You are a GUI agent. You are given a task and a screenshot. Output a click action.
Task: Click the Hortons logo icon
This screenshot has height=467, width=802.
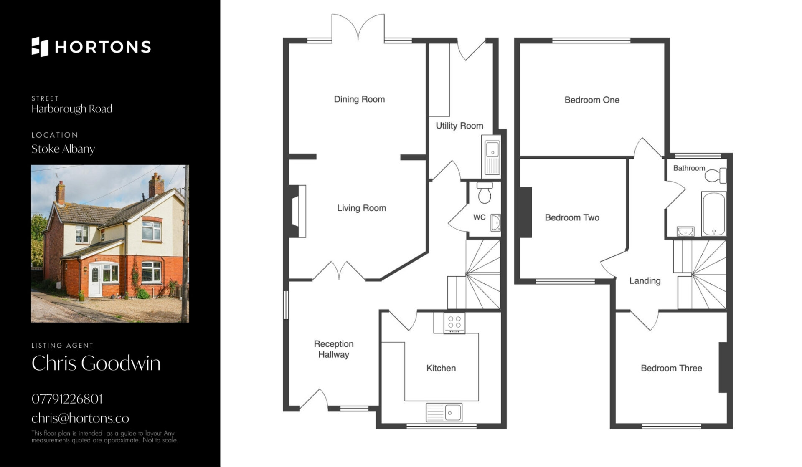pyautogui.click(x=40, y=47)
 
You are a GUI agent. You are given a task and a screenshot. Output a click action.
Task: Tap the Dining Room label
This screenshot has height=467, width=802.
pyautogui.click(x=359, y=99)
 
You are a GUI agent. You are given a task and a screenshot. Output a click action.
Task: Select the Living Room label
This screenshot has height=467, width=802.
pyautogui.click(x=361, y=208)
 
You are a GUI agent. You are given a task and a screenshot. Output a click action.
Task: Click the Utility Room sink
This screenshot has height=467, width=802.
pyautogui.click(x=492, y=155)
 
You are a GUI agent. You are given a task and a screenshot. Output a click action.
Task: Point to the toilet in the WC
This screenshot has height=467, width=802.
pyautogui.click(x=484, y=192)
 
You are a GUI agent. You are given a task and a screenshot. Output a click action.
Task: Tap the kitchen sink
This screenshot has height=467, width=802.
pyautogui.click(x=444, y=412)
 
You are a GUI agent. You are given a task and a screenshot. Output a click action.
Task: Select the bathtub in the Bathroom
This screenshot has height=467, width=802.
pyautogui.click(x=713, y=214)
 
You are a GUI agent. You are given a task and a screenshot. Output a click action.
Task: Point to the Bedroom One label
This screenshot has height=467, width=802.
pyautogui.click(x=591, y=100)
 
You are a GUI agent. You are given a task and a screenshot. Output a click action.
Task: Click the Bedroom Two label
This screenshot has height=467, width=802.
pyautogui.click(x=572, y=217)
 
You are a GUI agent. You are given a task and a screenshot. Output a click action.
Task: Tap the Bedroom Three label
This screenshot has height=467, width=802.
pyautogui.click(x=671, y=368)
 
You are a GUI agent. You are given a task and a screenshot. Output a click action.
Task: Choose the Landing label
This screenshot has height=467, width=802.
pyautogui.click(x=645, y=281)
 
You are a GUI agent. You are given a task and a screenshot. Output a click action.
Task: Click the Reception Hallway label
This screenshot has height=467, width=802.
pyautogui.click(x=334, y=349)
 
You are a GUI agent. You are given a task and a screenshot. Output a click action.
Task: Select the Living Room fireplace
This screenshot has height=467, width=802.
pyautogui.click(x=297, y=211)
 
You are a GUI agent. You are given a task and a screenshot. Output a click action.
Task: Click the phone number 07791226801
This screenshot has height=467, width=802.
pyautogui.click(x=67, y=399)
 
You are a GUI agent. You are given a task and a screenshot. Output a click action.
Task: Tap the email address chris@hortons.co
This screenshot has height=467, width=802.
pyautogui.click(x=80, y=418)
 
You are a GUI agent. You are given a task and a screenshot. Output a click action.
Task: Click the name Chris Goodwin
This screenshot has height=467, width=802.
pyautogui.click(x=96, y=363)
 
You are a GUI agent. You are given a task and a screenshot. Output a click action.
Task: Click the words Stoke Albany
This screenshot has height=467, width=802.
pyautogui.click(x=63, y=149)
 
